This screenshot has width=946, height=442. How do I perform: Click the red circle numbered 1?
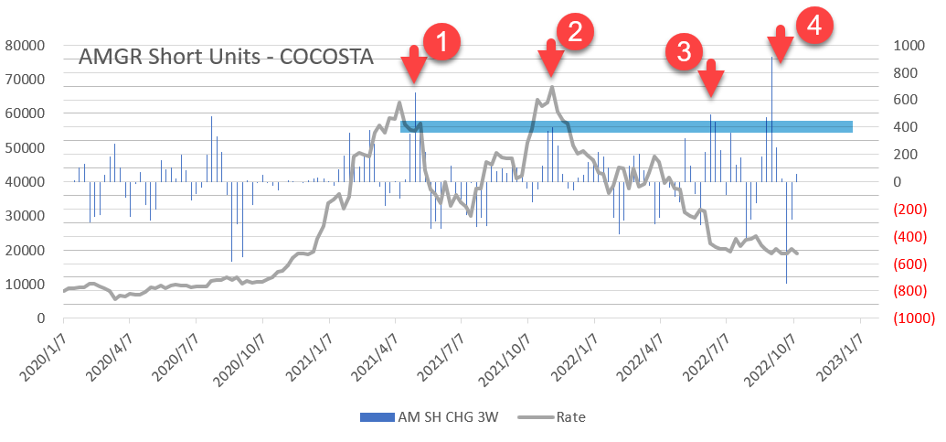coord(440,43)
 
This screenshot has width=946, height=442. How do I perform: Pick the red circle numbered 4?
coord(814,27)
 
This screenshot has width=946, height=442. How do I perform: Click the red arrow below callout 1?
coord(413,65)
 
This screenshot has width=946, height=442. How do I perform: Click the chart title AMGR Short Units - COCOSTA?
coord(226,57)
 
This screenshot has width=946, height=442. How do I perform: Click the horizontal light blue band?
coord(626,126)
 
